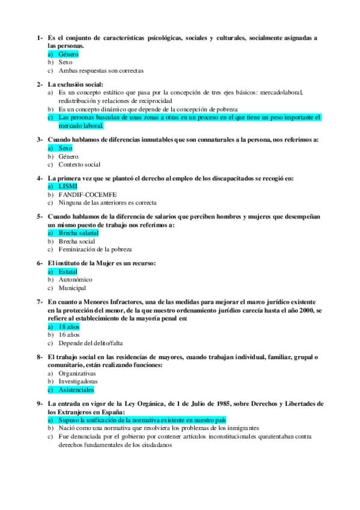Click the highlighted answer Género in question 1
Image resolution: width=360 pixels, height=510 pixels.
coord(68,54)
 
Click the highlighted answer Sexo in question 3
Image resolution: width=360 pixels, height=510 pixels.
coord(65,148)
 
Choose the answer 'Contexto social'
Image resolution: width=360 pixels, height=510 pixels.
coord(79,164)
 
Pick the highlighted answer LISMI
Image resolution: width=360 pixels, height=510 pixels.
coord(67,186)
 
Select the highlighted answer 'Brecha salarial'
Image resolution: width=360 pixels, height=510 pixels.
coord(78,233)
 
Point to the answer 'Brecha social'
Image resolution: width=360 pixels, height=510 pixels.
coord(77,241)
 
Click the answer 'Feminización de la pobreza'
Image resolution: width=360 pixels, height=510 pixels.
coord(95,249)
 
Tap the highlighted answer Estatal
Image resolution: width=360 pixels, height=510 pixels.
coord(68,271)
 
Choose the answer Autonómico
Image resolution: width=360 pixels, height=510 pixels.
coord(75,280)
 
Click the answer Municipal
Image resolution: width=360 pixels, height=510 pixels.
coord(72,287)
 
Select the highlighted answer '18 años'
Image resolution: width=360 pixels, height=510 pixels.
coord(69,326)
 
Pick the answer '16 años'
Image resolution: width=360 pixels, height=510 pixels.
coord(69,334)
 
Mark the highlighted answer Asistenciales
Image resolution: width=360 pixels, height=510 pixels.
coord(76,389)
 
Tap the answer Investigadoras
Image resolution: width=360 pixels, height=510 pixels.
coord(78,381)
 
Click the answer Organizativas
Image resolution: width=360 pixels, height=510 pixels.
coord(77,373)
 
